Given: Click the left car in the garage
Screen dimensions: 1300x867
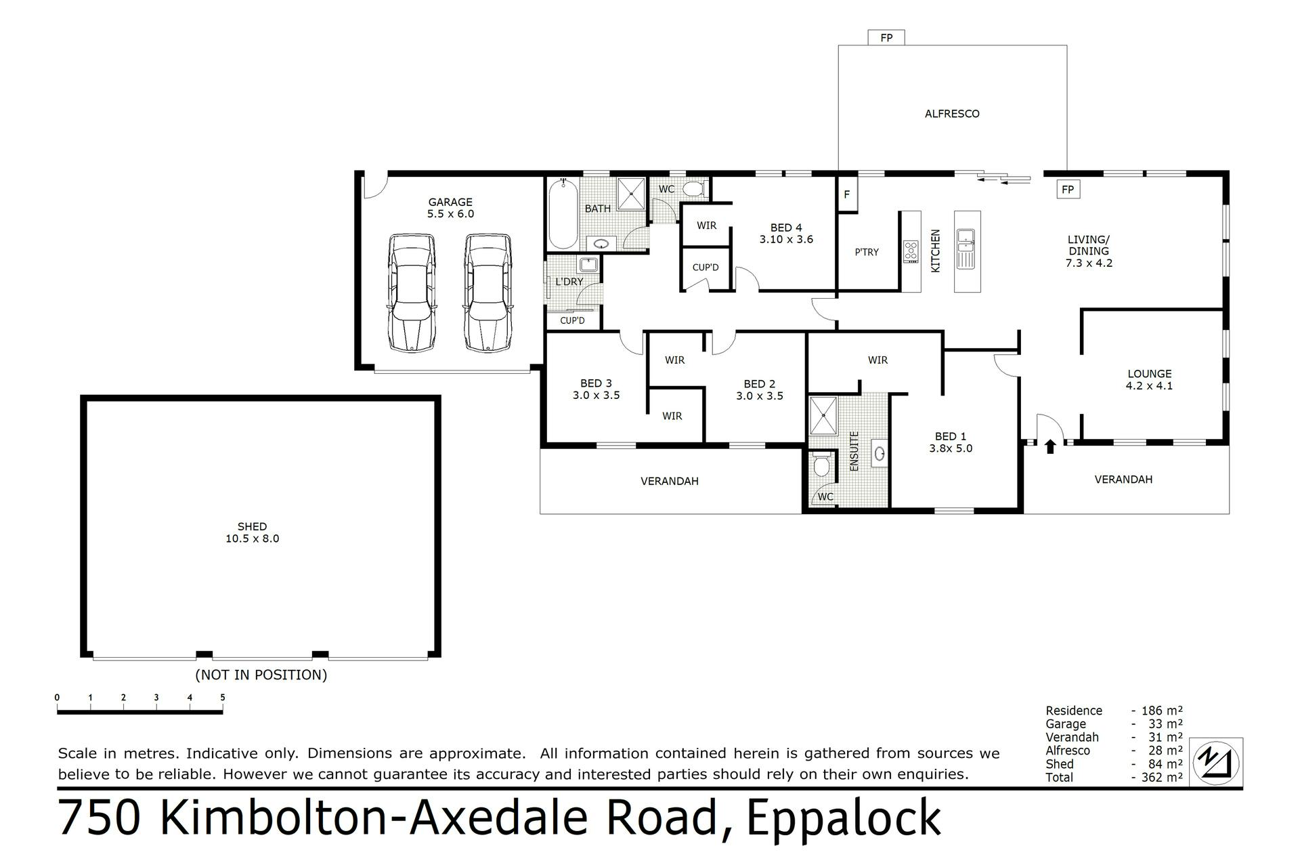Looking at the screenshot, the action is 412,293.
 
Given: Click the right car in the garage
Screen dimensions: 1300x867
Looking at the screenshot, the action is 488,293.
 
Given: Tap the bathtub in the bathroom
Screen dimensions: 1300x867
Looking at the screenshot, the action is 563,213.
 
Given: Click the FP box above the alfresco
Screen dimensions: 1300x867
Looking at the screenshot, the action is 886,38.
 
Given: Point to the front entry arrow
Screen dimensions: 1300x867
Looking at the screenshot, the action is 1050,446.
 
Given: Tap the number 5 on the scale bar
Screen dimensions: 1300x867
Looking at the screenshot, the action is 222,697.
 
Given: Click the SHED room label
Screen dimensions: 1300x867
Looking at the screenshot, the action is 252,526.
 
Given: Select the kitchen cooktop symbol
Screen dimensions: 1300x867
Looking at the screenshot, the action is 911,252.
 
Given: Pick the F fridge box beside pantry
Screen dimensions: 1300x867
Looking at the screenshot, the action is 847,195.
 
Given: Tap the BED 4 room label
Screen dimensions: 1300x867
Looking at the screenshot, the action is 786,228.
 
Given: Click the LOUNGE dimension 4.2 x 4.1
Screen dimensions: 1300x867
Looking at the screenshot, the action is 1149,386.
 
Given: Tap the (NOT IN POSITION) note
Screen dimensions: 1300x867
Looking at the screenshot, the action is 261,675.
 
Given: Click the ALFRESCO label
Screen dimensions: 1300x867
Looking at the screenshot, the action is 952,114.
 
